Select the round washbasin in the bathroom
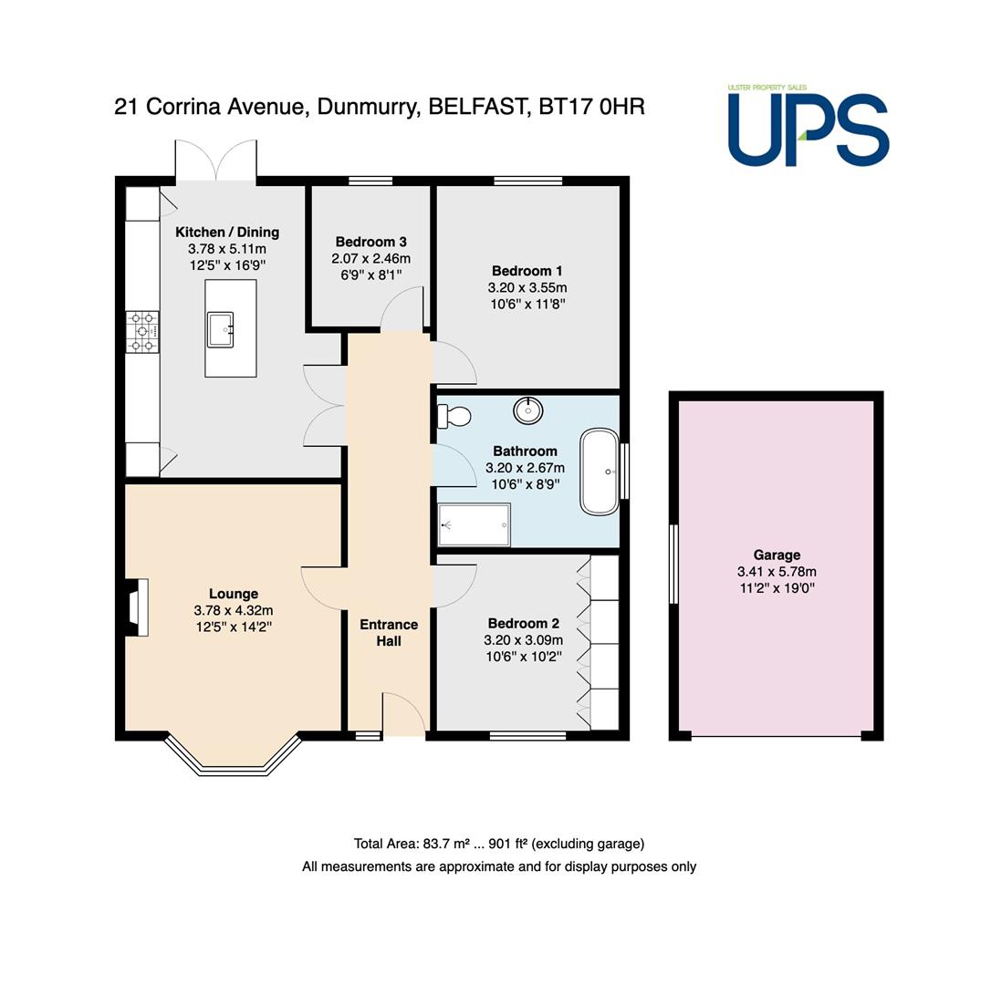pyautogui.click(x=527, y=410)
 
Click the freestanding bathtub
pyautogui.click(x=600, y=472)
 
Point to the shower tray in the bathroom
pyautogui.click(x=474, y=524)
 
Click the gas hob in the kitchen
pyautogui.click(x=142, y=332)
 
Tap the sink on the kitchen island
pyautogui.click(x=221, y=329)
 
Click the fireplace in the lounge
pyautogui.click(x=137, y=607)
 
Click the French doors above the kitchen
pyautogui.click(x=216, y=161)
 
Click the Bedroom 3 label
pyautogui.click(x=371, y=242)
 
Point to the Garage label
pyautogui.click(x=777, y=555)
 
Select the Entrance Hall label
pyautogui.click(x=389, y=632)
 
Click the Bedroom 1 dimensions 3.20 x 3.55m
pyautogui.click(x=527, y=287)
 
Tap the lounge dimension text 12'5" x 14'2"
pyautogui.click(x=234, y=627)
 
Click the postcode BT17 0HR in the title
pyautogui.click(x=591, y=106)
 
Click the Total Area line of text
pyautogui.click(x=499, y=844)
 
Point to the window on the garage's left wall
pyautogui.click(x=673, y=564)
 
